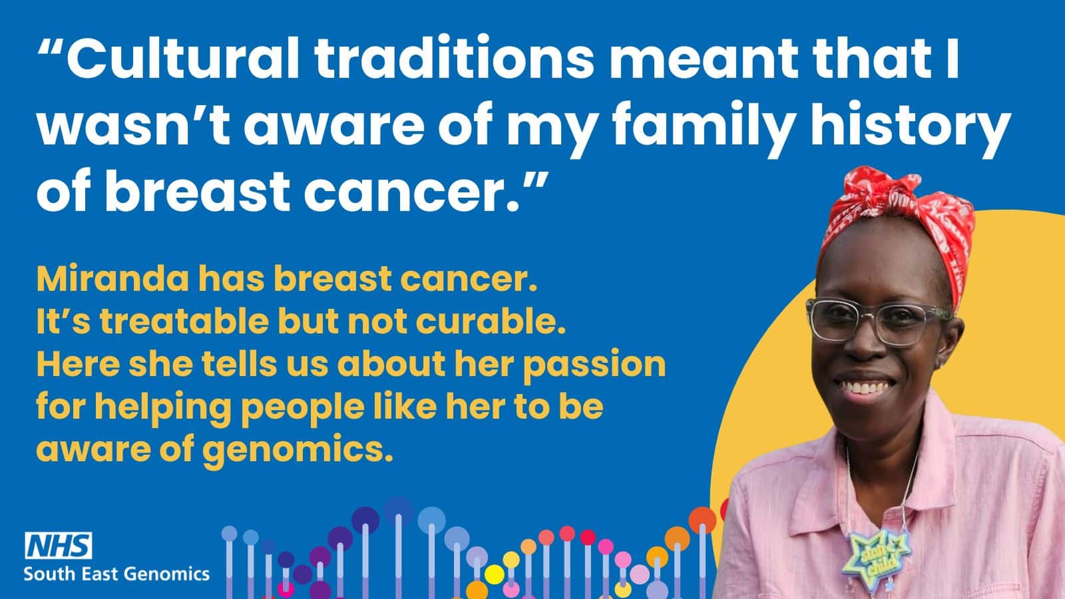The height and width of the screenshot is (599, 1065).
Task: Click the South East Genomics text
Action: click(x=116, y=573)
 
